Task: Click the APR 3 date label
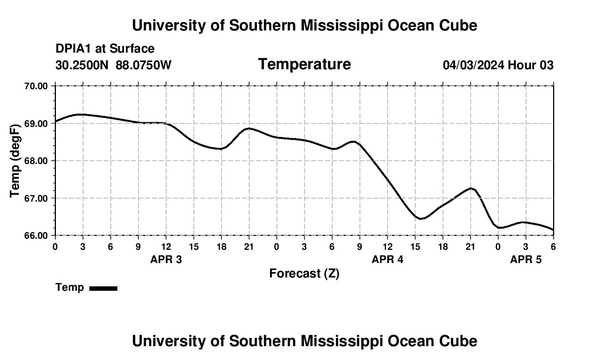click(166, 259)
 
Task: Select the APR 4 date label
click(388, 259)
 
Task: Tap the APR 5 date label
click(526, 259)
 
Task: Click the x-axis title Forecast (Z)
click(304, 274)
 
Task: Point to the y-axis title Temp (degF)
click(16, 161)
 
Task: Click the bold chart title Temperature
click(304, 64)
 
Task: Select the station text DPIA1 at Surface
click(105, 49)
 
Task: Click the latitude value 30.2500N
click(82, 65)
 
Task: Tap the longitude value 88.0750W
click(143, 65)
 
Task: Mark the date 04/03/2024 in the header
click(473, 65)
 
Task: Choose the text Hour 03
click(531, 65)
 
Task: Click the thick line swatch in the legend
click(103, 288)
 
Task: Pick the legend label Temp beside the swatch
click(70, 287)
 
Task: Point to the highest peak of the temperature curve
click(81, 114)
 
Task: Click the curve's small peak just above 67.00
click(471, 188)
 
